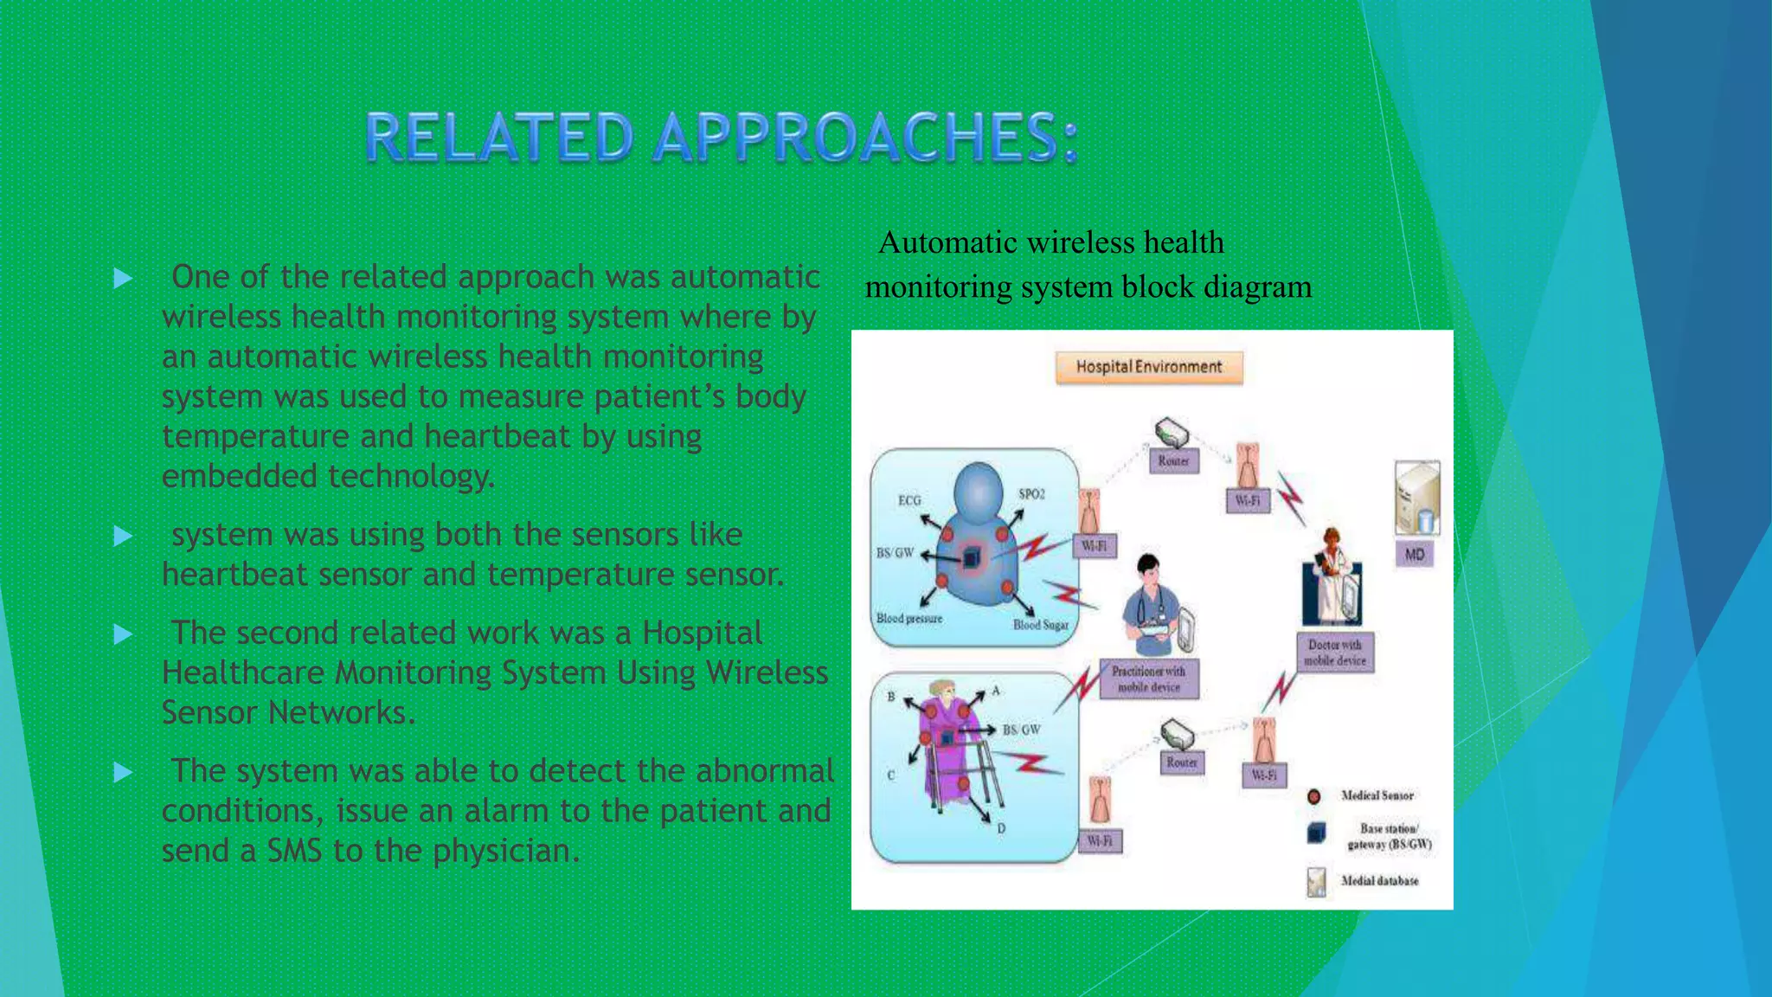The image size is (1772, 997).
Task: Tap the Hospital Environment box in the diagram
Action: point(1148,367)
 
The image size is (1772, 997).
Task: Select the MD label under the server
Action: point(1414,555)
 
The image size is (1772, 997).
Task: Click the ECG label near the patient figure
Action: point(909,500)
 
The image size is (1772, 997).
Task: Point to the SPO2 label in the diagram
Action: point(1031,494)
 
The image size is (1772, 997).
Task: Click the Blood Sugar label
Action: point(1040,625)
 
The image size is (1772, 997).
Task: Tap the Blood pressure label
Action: point(908,619)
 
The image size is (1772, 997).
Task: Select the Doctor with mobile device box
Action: point(1334,653)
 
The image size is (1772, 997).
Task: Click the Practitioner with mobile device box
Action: point(1148,679)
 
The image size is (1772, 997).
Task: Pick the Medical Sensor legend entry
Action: point(1377,795)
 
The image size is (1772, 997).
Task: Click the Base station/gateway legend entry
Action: point(1388,836)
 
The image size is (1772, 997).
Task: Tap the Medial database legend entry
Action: point(1379,881)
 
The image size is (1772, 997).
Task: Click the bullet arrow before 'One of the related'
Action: point(123,279)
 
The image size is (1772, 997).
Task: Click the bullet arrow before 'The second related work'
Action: point(123,635)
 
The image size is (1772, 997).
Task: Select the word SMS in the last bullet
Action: point(294,852)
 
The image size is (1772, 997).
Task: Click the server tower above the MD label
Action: point(1416,498)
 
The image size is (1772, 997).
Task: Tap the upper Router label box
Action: point(1173,461)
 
